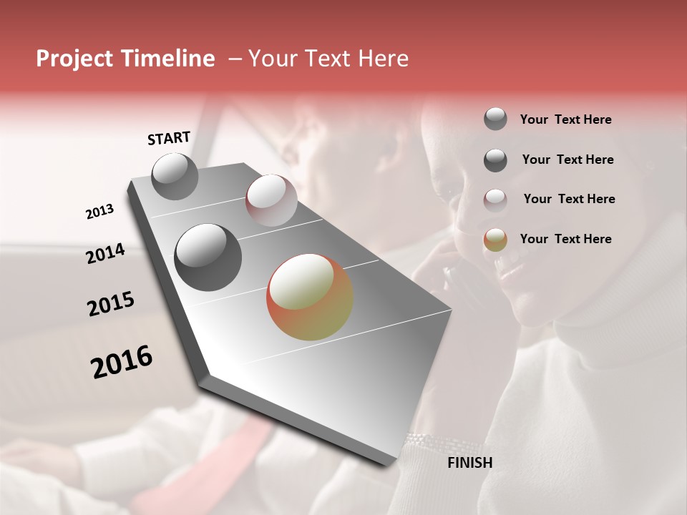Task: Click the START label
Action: click(169, 138)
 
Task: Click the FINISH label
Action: click(469, 463)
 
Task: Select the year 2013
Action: click(99, 212)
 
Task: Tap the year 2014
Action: click(105, 254)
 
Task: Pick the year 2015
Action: click(111, 304)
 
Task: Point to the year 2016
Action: click(122, 362)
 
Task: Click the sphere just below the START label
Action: click(175, 176)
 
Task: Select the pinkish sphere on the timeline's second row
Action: click(271, 200)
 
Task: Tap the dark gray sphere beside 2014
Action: click(208, 257)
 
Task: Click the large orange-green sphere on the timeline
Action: click(310, 297)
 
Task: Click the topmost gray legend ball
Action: click(495, 119)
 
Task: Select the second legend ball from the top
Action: click(495, 160)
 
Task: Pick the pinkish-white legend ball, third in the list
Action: click(495, 200)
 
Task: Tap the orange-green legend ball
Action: click(495, 240)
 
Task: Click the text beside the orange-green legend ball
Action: click(565, 239)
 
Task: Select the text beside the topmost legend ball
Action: click(565, 119)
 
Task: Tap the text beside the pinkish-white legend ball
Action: click(569, 199)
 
